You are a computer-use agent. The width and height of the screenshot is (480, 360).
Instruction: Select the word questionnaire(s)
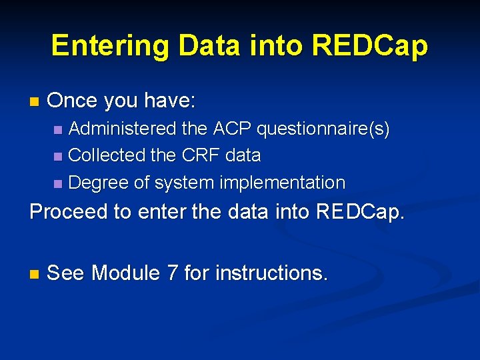tap(323, 129)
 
